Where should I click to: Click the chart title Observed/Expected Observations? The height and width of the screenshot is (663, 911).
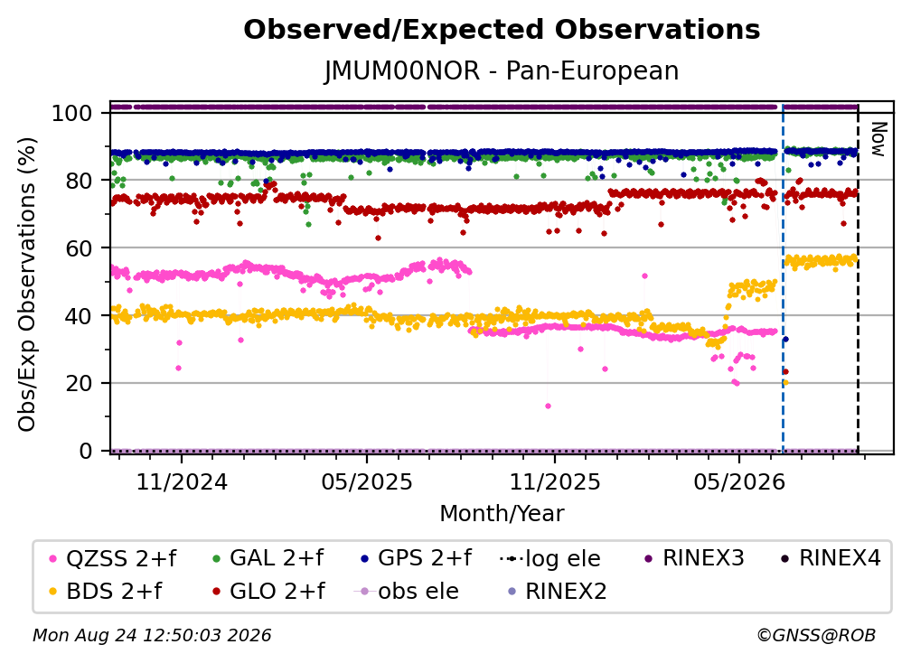(x=502, y=30)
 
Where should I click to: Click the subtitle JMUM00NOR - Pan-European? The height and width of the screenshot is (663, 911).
(x=502, y=70)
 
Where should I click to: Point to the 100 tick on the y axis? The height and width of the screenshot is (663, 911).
(x=71, y=113)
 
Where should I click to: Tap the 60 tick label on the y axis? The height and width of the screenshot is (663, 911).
(x=79, y=247)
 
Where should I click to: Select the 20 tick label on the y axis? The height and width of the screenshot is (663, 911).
(x=79, y=383)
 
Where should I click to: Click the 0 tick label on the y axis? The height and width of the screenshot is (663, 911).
(x=85, y=451)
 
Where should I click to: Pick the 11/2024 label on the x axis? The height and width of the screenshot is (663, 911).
(x=182, y=481)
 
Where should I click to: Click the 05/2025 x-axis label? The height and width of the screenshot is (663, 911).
(x=367, y=481)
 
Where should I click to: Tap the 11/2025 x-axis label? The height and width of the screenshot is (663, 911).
(x=555, y=481)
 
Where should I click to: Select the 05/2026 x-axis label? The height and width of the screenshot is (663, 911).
(x=739, y=481)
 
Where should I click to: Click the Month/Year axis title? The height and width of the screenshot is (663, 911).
(x=502, y=514)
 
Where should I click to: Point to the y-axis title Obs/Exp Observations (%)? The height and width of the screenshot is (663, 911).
(x=27, y=285)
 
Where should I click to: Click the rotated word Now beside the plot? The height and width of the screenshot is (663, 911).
(x=878, y=139)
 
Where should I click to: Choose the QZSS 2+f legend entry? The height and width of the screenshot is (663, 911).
(x=113, y=558)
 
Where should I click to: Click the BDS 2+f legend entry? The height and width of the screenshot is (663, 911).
(x=106, y=592)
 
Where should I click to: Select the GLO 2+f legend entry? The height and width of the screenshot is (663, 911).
(x=268, y=592)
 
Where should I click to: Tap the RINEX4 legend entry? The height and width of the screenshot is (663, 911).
(x=831, y=558)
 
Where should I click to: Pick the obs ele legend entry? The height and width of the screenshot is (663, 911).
(x=407, y=592)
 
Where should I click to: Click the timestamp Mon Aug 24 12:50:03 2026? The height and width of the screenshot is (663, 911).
(x=152, y=635)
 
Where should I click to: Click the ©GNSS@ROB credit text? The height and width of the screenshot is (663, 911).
(x=816, y=635)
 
